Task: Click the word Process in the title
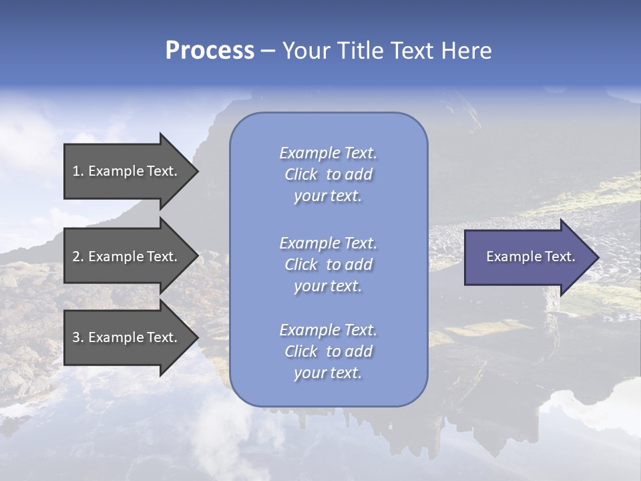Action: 210,51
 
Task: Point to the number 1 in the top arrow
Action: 76,171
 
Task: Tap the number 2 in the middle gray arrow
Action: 76,257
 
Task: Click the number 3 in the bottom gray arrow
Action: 76,337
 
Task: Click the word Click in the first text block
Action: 300,174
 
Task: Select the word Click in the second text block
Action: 300,265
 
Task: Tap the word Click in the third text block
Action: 300,351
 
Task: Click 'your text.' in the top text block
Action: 328,196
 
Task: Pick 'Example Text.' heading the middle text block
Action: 328,243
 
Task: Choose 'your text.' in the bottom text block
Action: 328,373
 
